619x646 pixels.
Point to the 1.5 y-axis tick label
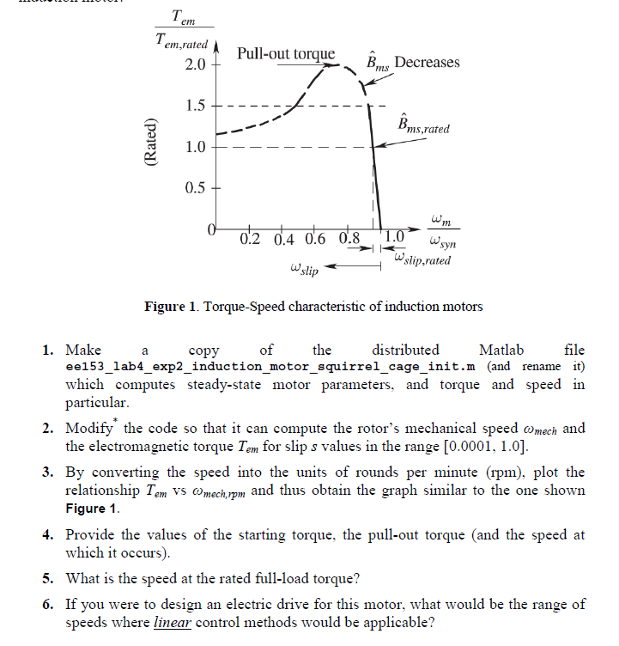click(195, 107)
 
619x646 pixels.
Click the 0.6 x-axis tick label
click(315, 238)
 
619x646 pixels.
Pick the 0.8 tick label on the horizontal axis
click(349, 238)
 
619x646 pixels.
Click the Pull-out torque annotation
click(286, 53)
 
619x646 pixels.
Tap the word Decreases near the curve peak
click(427, 62)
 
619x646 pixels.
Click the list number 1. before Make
click(49, 350)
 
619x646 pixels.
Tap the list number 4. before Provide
click(49, 534)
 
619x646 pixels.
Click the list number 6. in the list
click(49, 604)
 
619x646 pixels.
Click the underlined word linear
click(172, 622)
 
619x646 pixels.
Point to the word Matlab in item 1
click(501, 350)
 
